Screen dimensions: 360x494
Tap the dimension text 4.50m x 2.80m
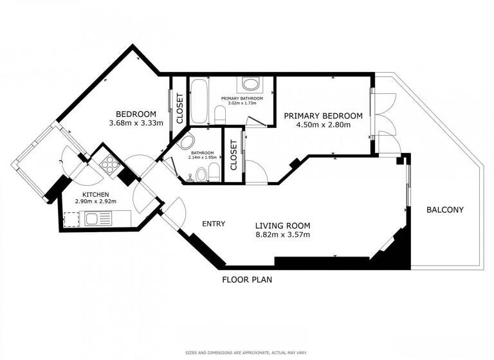coord(323,125)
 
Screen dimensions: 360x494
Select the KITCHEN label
coord(95,194)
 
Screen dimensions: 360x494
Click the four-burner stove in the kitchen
coord(108,164)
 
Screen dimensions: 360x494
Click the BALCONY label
coord(445,210)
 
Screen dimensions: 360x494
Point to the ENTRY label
coord(214,224)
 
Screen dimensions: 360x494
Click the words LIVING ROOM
coord(282,226)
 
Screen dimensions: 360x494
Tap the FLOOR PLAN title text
coord(248,280)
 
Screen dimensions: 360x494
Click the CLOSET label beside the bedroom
coord(179,108)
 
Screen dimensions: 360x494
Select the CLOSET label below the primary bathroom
coord(233,155)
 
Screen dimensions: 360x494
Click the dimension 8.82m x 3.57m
coord(282,235)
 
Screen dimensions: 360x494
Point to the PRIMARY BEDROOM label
coord(323,116)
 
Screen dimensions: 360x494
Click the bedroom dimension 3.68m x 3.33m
coord(136,123)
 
